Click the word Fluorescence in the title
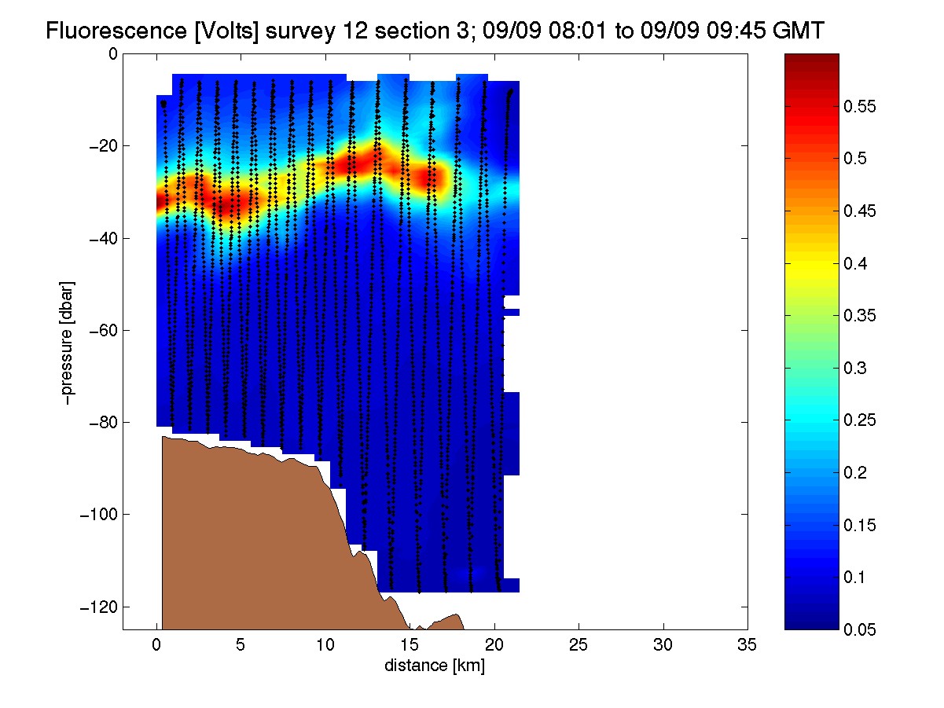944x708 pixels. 116,31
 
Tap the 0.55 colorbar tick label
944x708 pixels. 859,106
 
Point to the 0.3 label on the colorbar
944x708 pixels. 855,368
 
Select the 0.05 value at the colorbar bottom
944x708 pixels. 859,629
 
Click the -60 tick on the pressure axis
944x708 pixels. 103,330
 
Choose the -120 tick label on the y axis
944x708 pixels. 99,607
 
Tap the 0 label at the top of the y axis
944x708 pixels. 113,54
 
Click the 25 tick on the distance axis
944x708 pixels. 579,645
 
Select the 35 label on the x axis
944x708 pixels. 747,645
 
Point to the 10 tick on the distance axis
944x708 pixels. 325,645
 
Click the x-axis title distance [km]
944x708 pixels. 435,666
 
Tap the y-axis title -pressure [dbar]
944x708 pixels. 67,343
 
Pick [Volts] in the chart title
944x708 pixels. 226,31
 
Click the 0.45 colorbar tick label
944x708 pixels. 859,211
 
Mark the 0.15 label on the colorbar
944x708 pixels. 859,525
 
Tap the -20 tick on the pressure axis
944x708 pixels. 103,146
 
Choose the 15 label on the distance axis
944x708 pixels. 410,645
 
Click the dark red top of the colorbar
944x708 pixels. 811,61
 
